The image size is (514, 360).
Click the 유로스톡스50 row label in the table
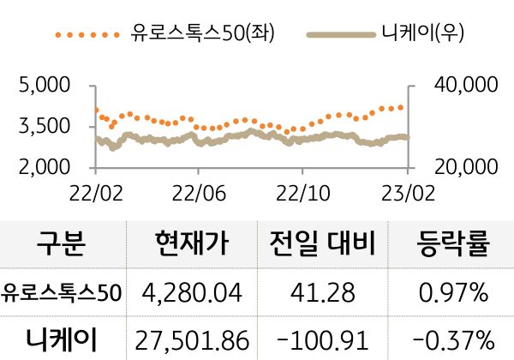[x=62, y=293]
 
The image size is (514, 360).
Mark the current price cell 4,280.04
[x=194, y=293]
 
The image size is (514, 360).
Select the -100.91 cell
[x=324, y=339]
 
